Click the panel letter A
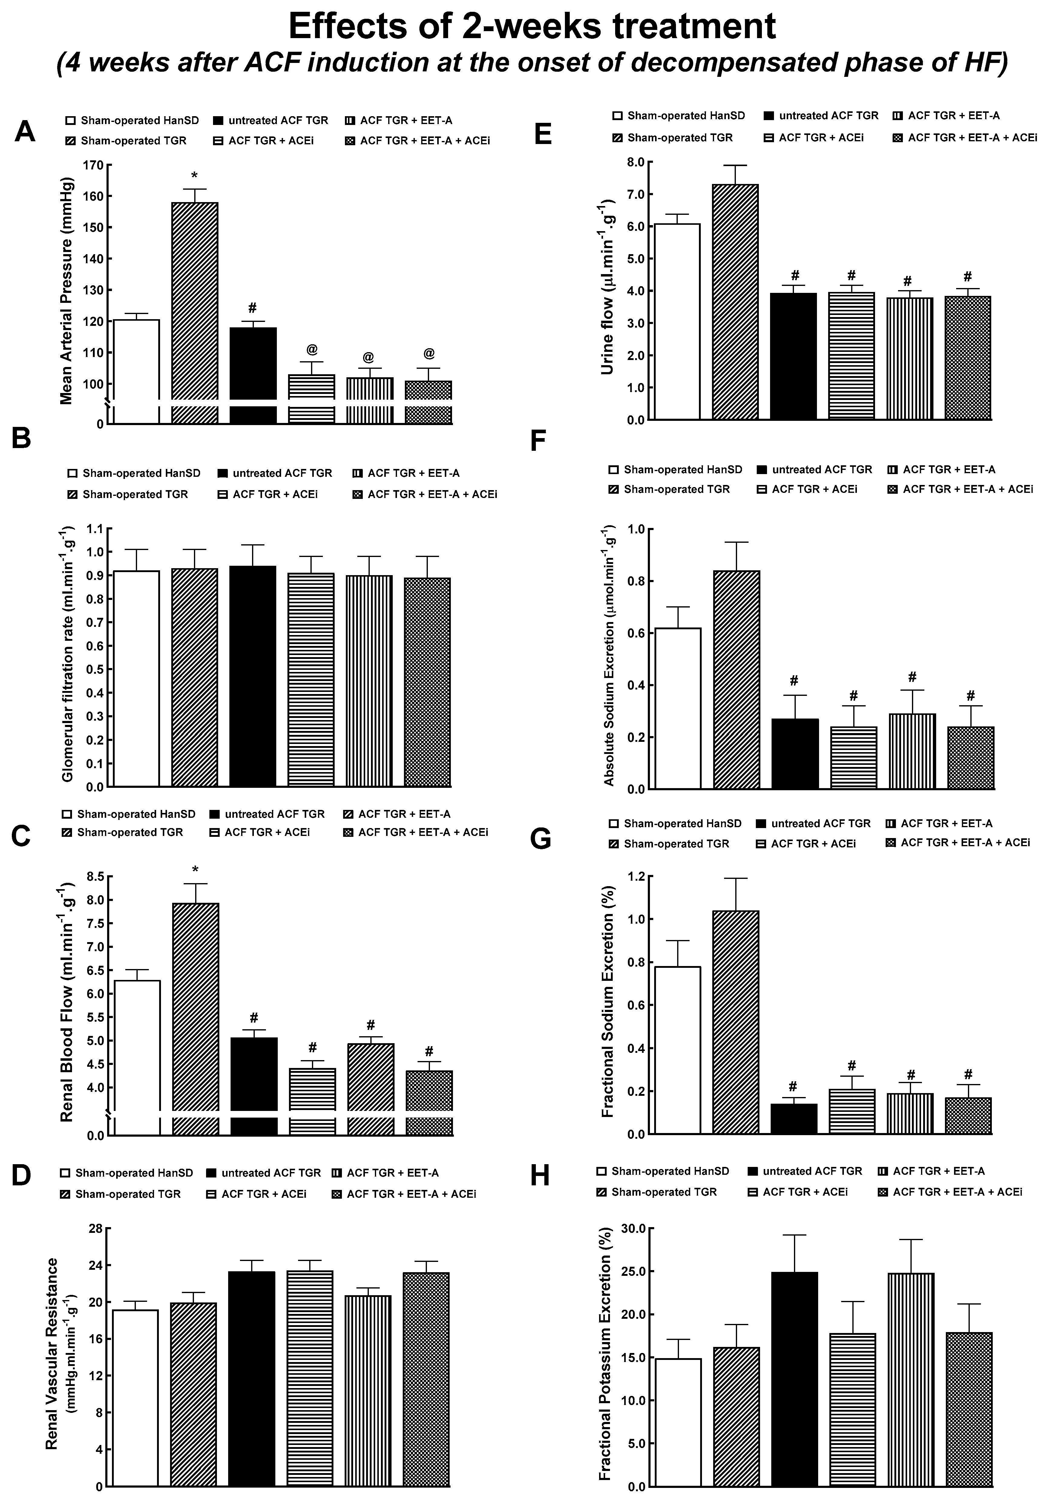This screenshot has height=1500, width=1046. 25,131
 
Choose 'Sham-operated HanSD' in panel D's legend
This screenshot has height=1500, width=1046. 134,1173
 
